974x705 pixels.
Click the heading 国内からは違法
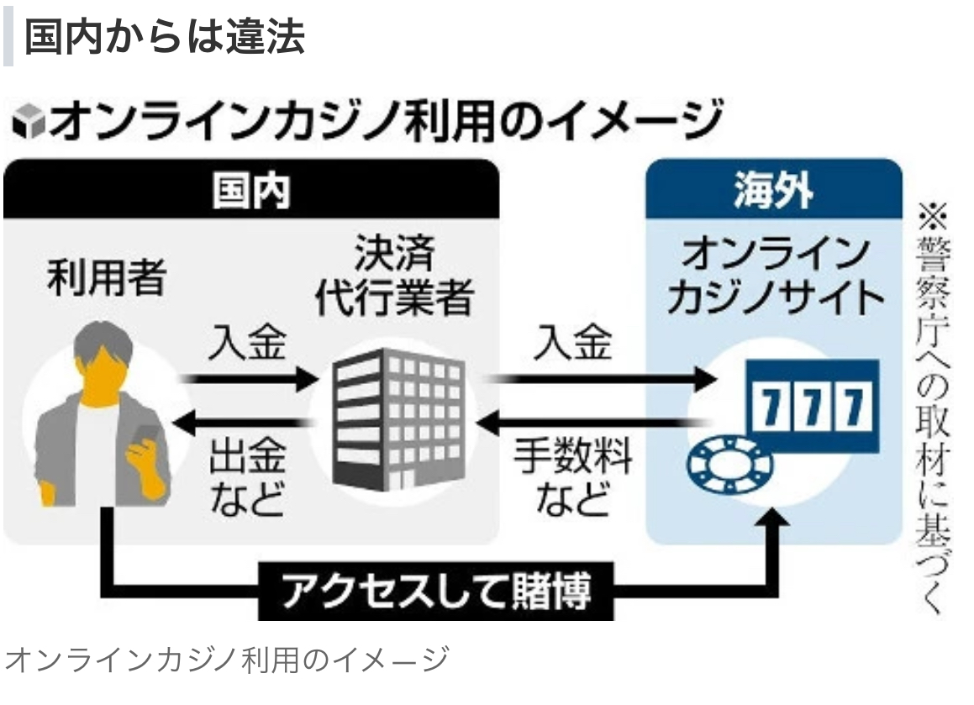click(x=164, y=38)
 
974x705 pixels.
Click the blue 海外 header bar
click(x=773, y=191)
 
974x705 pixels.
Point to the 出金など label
click(x=247, y=478)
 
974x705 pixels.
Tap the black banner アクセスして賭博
click(x=436, y=592)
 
